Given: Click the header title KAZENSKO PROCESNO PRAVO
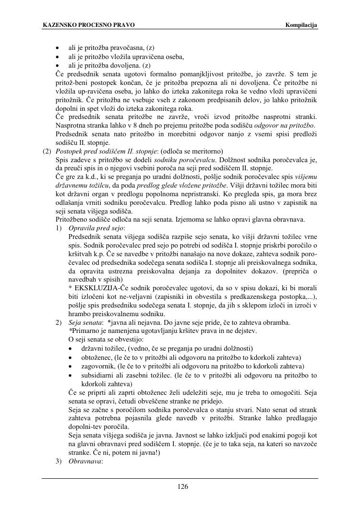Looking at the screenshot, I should click(x=88, y=25).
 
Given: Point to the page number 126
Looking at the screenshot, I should click(x=182, y=487).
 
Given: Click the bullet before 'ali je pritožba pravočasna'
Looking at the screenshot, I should click(x=58, y=48).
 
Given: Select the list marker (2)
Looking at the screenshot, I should click(x=47, y=151).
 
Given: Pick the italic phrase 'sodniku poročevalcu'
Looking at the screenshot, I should click(x=179, y=160).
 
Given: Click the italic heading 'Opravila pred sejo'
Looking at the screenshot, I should click(x=96, y=227).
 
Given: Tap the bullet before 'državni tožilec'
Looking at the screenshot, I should click(x=72, y=348).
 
